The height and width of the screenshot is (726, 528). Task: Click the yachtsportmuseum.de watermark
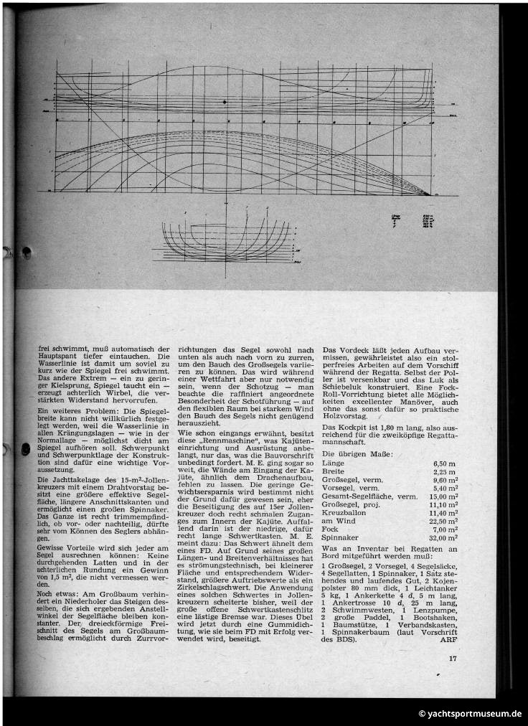[470, 714]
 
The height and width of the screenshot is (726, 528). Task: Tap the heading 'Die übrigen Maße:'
[357, 454]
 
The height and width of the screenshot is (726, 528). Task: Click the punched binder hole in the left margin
[26, 252]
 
